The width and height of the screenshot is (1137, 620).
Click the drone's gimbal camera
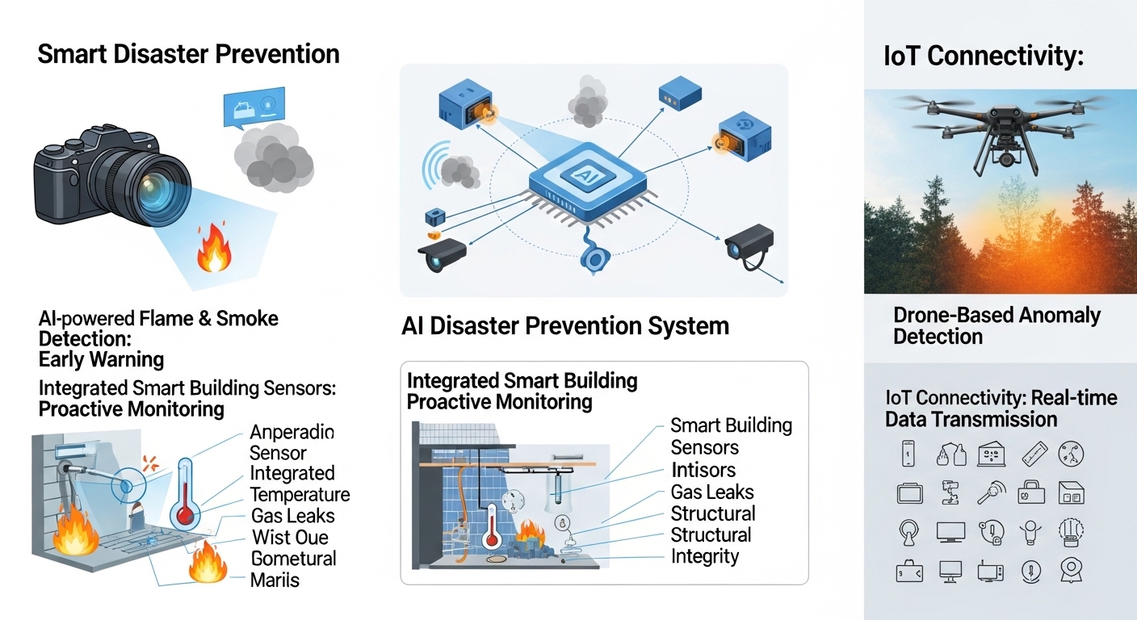click(1005, 158)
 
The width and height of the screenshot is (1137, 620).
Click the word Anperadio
click(292, 431)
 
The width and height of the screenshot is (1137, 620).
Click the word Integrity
click(705, 556)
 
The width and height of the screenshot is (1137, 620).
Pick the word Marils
click(275, 580)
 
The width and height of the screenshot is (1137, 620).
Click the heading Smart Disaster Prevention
click(188, 54)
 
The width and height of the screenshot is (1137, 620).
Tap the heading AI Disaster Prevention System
click(564, 326)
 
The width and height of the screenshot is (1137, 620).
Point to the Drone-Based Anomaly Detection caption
click(996, 325)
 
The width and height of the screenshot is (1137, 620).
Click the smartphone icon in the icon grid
click(908, 453)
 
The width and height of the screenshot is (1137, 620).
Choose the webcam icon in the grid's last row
click(1071, 571)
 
